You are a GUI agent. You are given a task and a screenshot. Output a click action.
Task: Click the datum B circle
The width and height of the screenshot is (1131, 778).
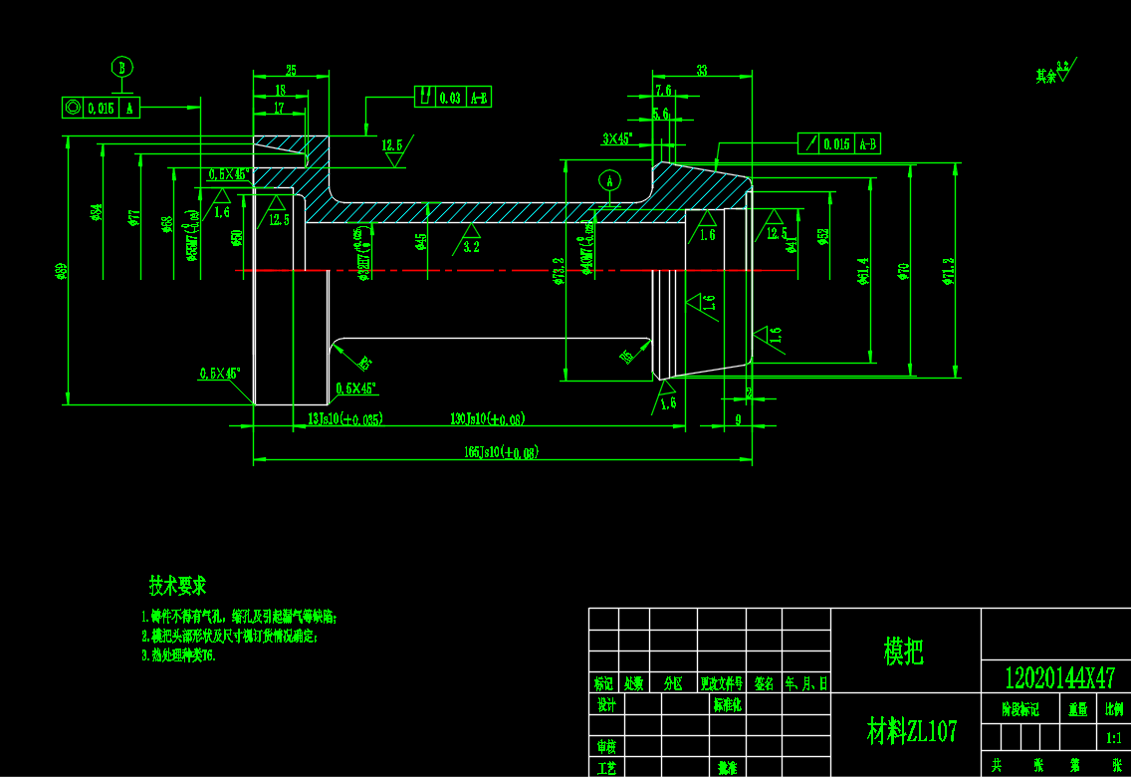point(122,68)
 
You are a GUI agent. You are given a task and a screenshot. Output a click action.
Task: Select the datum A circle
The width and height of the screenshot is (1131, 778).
point(610,181)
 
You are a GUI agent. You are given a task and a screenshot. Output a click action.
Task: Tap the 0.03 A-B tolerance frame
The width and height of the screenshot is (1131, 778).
point(453,98)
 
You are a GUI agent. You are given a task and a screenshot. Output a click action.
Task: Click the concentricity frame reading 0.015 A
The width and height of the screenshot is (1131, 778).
point(101,108)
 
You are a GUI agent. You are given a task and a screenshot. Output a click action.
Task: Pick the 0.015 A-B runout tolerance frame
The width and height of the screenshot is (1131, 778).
point(839,144)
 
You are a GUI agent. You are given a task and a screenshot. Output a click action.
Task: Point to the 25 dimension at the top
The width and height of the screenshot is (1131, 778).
point(291,71)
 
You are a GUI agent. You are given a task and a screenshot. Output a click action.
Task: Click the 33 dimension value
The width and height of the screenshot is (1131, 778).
point(702,71)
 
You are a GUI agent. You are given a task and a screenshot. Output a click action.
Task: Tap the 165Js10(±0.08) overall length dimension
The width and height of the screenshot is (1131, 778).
point(502,451)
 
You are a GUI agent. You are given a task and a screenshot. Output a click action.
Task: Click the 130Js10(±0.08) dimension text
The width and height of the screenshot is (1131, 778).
point(488,418)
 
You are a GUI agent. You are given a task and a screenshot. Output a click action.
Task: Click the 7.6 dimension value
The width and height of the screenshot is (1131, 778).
point(663,91)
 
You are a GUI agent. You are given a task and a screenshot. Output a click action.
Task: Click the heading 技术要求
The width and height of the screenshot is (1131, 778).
point(177,586)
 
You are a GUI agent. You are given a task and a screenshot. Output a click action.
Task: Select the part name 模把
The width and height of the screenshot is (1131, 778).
point(904,651)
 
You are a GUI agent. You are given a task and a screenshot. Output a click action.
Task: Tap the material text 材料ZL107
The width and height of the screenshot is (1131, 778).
point(911,732)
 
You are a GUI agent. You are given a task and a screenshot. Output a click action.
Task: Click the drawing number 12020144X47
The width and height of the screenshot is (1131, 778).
point(1059,678)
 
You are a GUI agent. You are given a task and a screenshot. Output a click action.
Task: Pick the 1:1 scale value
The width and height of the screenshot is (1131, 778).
point(1114,738)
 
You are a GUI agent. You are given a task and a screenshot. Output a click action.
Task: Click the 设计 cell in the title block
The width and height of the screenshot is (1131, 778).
point(605,704)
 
